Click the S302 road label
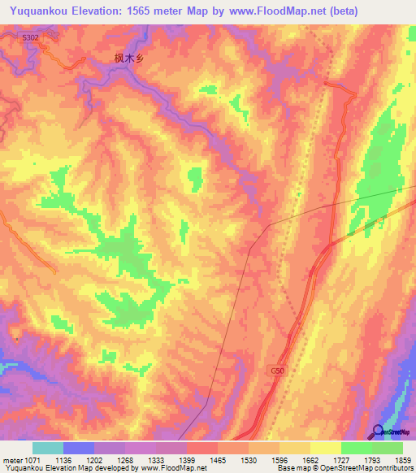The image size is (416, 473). [x=30, y=37]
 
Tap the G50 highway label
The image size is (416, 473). [x=278, y=371]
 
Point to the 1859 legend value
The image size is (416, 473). [x=393, y=459]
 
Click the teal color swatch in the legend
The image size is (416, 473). [x=48, y=448]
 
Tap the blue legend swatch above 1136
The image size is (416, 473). [x=79, y=448]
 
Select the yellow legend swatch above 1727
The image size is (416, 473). [x=326, y=448]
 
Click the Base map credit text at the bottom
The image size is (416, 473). [x=344, y=469]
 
